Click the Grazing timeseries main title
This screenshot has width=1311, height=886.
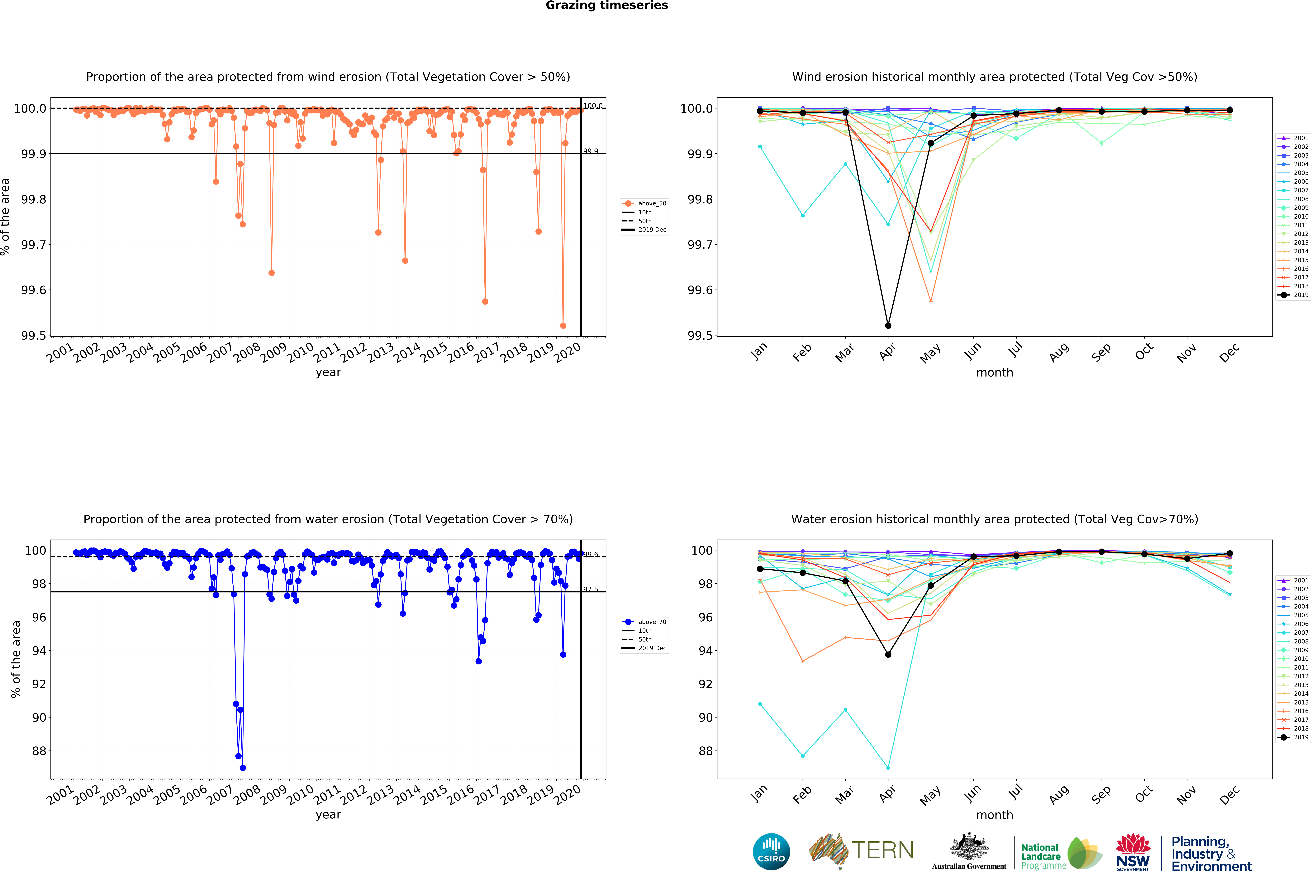(x=606, y=6)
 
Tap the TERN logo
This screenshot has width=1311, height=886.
(x=861, y=850)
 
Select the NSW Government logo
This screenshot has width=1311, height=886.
(x=1133, y=853)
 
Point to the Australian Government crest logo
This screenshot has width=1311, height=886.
(x=969, y=850)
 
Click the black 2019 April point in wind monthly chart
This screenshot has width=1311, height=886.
(x=888, y=325)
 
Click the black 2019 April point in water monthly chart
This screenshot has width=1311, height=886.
(x=888, y=654)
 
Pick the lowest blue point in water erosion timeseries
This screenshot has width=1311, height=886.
(x=243, y=768)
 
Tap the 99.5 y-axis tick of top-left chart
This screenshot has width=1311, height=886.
(x=34, y=336)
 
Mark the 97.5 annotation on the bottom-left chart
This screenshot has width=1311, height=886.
(x=591, y=589)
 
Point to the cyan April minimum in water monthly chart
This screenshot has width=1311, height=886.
(x=888, y=768)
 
